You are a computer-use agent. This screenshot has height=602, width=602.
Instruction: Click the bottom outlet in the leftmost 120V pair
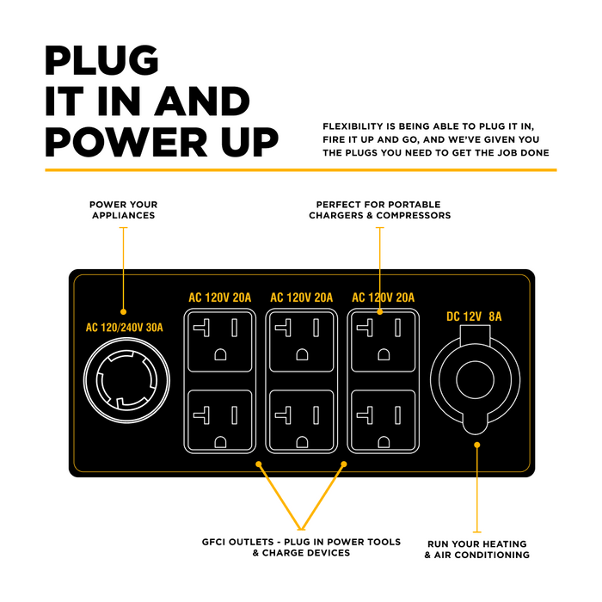click(x=219, y=420)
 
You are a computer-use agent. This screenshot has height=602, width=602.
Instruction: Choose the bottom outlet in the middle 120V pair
click(x=301, y=420)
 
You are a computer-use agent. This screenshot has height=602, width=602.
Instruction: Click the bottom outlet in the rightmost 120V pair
click(x=383, y=420)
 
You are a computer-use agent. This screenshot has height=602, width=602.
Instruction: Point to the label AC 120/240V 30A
click(x=125, y=328)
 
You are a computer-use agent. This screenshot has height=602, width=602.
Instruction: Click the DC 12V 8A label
click(x=474, y=316)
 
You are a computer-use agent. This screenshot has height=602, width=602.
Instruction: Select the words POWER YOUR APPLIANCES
click(x=124, y=210)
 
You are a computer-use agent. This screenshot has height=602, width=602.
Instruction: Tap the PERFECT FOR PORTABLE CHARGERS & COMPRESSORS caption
click(x=379, y=210)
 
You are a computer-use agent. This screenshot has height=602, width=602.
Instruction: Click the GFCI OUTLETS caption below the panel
click(x=302, y=547)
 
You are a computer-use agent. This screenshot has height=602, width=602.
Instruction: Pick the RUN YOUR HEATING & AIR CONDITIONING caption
click(x=477, y=550)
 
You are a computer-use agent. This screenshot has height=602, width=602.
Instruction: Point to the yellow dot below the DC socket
click(x=477, y=445)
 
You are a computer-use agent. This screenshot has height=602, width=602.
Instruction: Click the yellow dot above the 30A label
click(x=124, y=311)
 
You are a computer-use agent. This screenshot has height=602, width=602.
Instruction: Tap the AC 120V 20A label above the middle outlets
click(x=301, y=298)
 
